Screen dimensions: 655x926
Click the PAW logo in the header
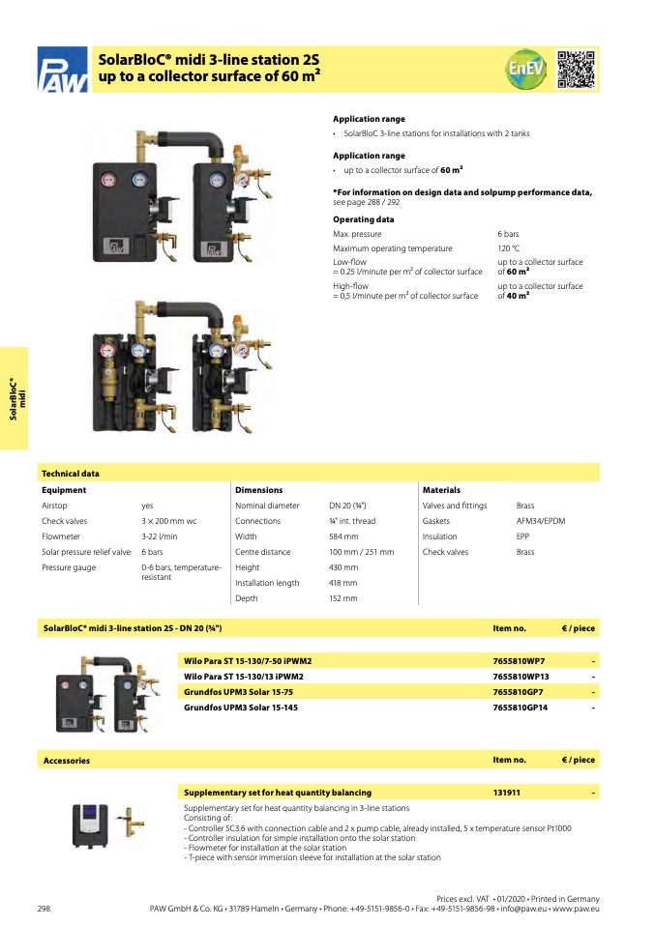tap(63, 70)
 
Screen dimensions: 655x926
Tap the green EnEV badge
tap(525, 69)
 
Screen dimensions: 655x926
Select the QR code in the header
tap(576, 69)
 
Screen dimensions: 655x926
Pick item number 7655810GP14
tap(521, 708)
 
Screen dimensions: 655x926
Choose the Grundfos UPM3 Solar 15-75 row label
tap(238, 692)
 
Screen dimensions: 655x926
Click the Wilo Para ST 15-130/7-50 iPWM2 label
tap(248, 661)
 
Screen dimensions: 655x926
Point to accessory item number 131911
tap(507, 793)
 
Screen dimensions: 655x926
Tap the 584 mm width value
tap(343, 536)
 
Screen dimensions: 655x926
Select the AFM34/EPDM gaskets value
tap(541, 521)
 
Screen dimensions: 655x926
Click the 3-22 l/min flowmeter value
tap(159, 536)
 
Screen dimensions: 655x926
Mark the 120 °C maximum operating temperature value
tap(508, 248)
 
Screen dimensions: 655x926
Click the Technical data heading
tap(71, 474)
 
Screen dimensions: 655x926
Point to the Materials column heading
tap(441, 490)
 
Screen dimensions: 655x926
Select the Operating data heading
tap(363, 219)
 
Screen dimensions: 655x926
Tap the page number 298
tap(44, 909)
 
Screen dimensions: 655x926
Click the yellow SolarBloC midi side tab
tap(14, 398)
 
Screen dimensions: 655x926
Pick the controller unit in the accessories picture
tap(90, 825)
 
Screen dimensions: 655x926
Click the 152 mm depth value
tap(342, 598)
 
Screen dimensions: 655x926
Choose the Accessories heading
tap(67, 761)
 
